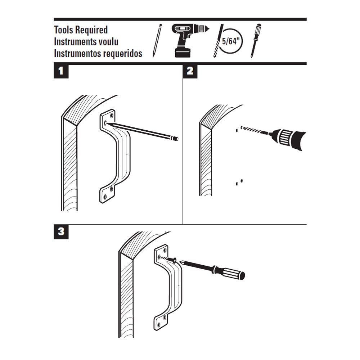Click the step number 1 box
[x=61, y=71]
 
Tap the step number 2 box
[x=190, y=71]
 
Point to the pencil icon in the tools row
[x=157, y=40]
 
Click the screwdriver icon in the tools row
[x=256, y=40]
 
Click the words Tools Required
[x=81, y=30]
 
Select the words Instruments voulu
[x=86, y=41]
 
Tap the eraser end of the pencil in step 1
[x=175, y=138]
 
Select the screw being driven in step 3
[x=168, y=259]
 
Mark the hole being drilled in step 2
[x=237, y=130]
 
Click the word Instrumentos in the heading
[x=76, y=54]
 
